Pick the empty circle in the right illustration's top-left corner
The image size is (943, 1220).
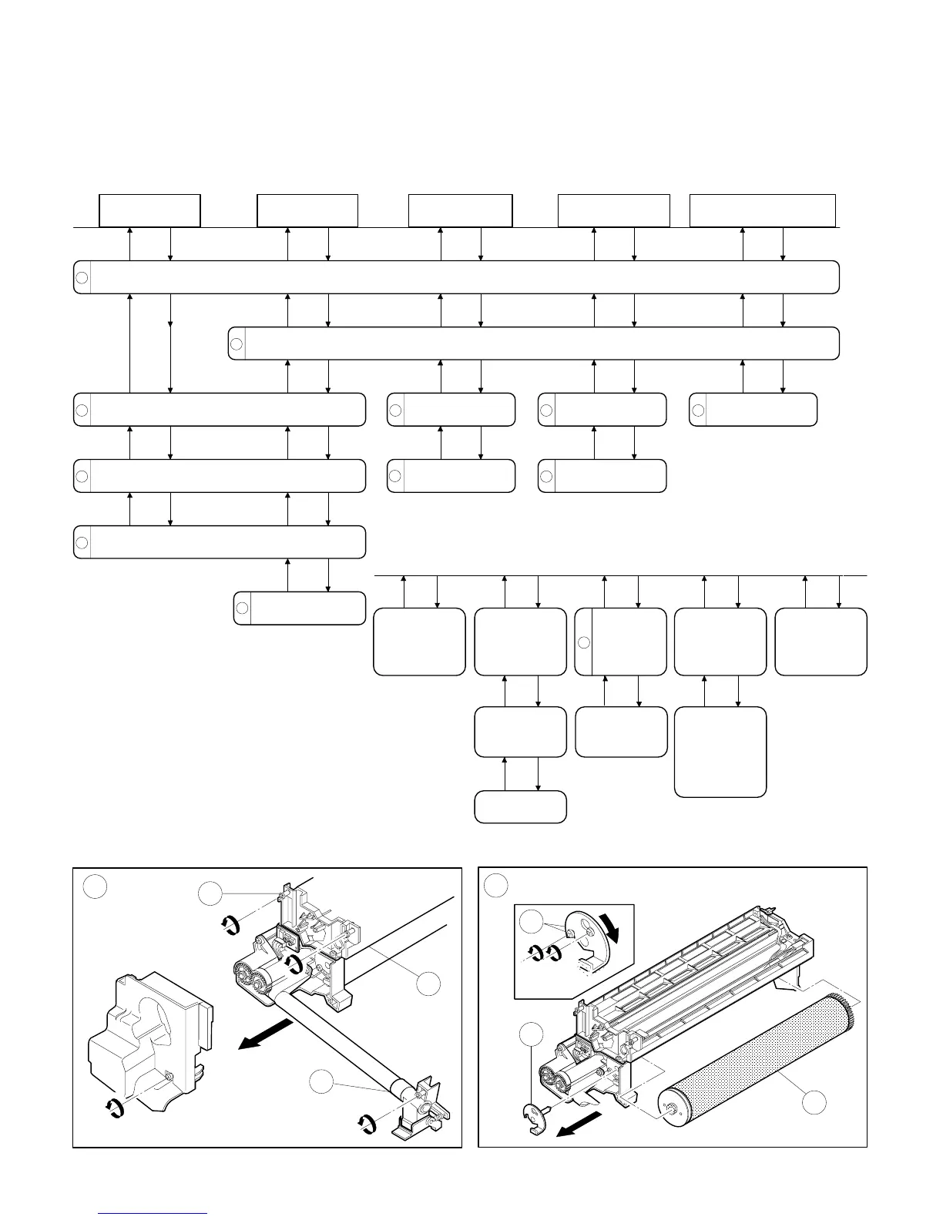tap(495, 887)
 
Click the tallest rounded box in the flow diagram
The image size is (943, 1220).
tap(720, 752)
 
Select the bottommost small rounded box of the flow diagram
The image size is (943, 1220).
tap(520, 806)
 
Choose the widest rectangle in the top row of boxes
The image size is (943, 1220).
tap(762, 211)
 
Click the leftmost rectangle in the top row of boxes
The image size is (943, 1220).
tap(149, 211)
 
